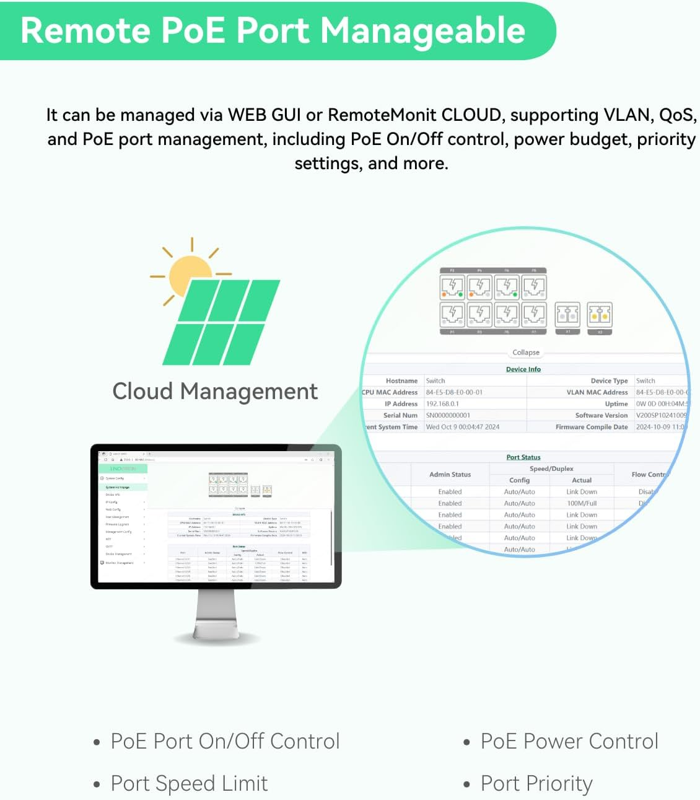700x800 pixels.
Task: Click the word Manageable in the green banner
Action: click(x=422, y=31)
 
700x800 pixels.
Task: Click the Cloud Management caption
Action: click(x=215, y=392)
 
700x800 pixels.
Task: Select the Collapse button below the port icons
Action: click(x=525, y=353)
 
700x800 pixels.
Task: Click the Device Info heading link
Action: click(x=523, y=369)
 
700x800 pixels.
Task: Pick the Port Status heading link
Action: click(x=523, y=457)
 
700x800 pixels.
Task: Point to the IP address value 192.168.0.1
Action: click(x=442, y=404)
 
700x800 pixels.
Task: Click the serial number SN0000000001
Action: click(x=448, y=415)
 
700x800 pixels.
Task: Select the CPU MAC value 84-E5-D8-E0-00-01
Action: click(x=454, y=392)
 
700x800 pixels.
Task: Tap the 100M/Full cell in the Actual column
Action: click(x=581, y=503)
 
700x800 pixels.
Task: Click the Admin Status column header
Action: click(x=450, y=475)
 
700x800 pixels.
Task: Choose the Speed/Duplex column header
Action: click(x=551, y=469)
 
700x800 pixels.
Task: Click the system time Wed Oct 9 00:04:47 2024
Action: click(x=462, y=427)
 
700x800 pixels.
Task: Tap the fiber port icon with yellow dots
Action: click(x=599, y=315)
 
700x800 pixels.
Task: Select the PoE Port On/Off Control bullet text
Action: click(x=225, y=741)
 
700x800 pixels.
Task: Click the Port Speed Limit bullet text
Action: click(x=189, y=784)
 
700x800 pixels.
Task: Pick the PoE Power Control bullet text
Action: click(x=569, y=741)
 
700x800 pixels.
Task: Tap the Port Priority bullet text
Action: click(x=536, y=784)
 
